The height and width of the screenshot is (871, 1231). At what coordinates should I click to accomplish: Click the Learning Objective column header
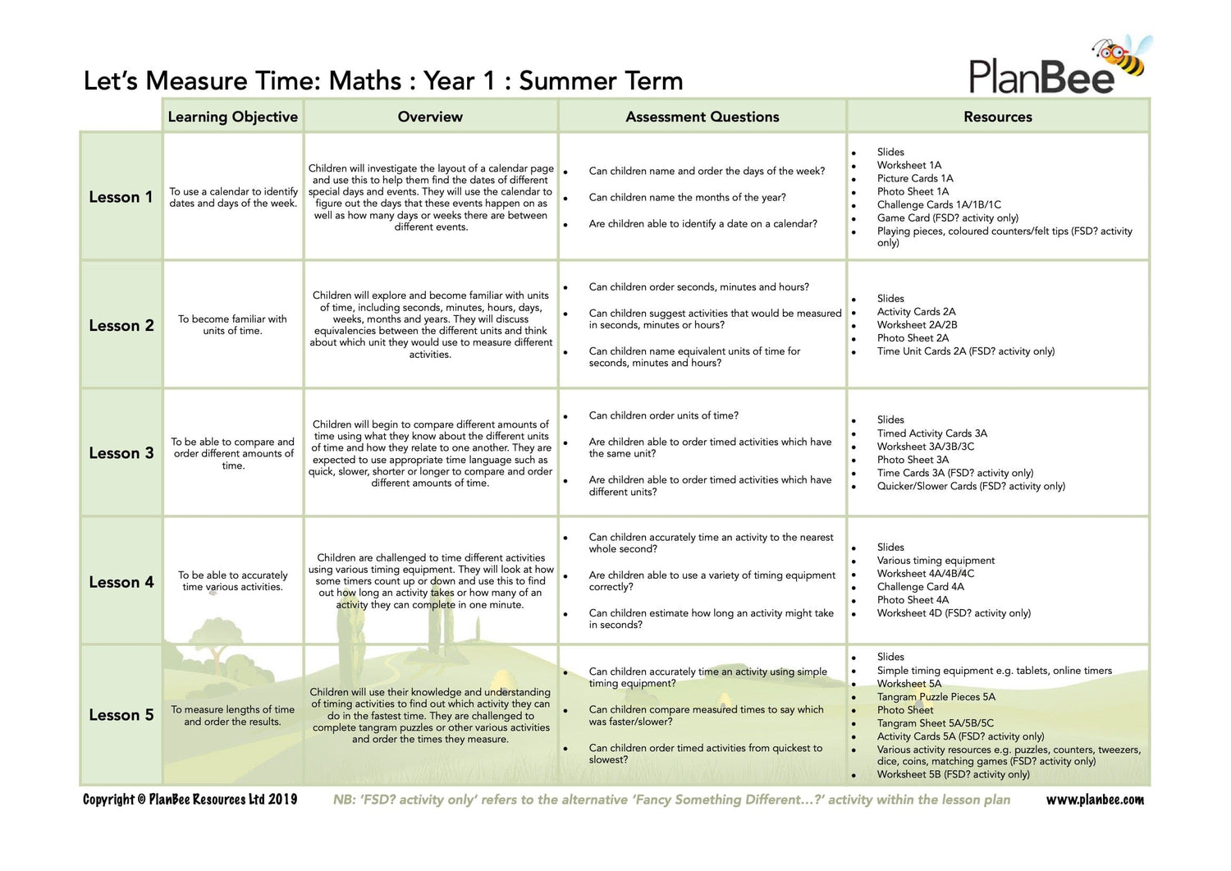point(232,117)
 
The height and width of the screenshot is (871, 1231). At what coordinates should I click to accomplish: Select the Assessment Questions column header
point(702,117)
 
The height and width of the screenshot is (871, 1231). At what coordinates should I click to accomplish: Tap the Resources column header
point(997,117)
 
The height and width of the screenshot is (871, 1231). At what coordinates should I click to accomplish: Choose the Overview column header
point(430,117)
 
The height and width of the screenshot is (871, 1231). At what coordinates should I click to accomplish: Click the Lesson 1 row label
point(121,197)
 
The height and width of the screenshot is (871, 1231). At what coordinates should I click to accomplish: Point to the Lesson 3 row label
point(121,453)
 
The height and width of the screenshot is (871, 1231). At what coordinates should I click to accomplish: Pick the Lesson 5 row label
point(121,715)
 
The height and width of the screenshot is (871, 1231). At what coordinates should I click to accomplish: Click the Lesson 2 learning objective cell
point(232,325)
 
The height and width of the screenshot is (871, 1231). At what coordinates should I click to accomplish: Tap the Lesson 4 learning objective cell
point(232,581)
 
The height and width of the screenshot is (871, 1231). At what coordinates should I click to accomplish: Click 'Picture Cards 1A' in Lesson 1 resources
point(914,178)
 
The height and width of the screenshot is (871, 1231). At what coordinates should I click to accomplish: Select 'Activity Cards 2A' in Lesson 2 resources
point(916,312)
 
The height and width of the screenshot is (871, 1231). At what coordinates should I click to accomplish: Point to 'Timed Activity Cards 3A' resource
point(931,433)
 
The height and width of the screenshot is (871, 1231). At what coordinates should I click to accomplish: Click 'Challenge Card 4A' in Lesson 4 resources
point(920,587)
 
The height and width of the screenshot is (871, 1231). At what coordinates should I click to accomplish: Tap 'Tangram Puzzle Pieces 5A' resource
point(936,697)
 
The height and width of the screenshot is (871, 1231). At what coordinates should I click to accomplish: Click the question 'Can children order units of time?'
point(663,415)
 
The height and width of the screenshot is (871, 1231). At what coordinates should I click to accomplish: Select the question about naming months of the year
point(687,197)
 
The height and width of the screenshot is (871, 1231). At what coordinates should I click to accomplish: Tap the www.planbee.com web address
point(1094,800)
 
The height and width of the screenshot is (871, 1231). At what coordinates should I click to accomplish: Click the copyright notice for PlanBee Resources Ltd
point(190,800)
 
